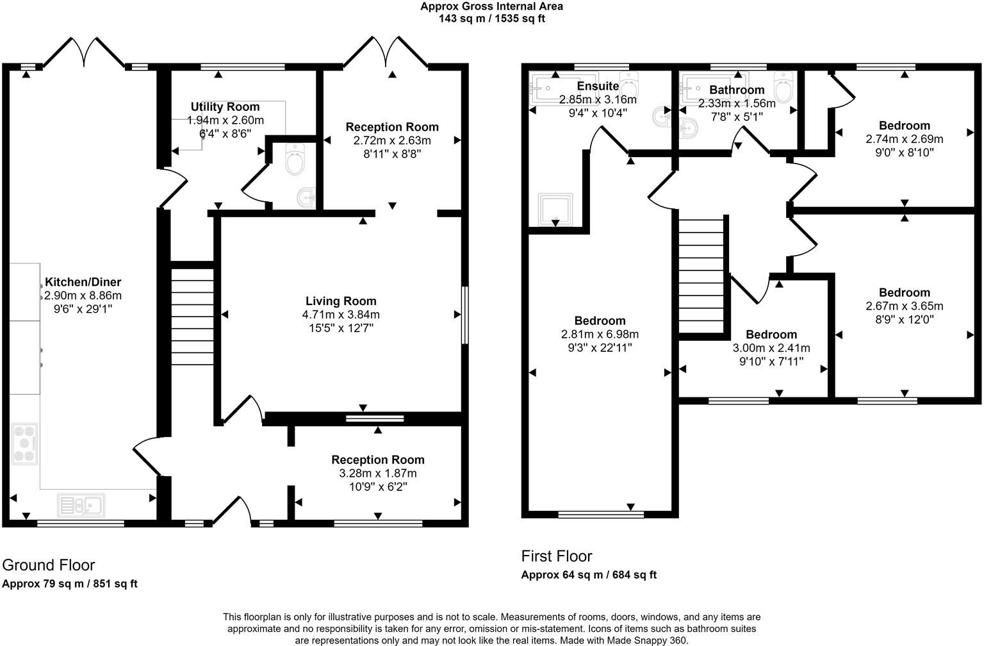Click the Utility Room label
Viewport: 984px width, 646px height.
tap(225, 107)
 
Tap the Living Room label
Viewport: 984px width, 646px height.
tap(341, 301)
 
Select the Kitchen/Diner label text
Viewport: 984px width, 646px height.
tap(83, 282)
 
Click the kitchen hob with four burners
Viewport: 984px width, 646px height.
tap(25, 443)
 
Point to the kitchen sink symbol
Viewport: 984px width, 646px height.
tap(81, 505)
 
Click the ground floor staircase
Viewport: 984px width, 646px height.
tap(192, 317)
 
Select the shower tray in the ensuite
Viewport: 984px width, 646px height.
tap(555, 210)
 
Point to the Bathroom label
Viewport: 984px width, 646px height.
tap(737, 90)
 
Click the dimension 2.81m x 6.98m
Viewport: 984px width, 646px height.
tap(600, 335)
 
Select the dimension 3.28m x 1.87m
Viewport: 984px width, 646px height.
tap(378, 474)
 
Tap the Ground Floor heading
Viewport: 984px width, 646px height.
tap(49, 565)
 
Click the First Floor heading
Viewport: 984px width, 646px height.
tap(557, 556)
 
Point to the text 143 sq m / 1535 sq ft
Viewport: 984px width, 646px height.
tap(492, 19)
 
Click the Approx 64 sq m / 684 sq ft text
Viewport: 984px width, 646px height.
tap(589, 575)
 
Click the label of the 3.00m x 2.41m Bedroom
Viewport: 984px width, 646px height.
tap(771, 335)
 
